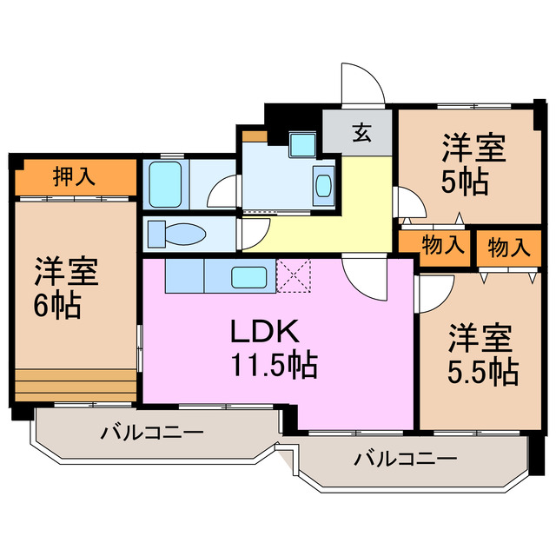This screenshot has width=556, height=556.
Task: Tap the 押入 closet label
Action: (x=74, y=177)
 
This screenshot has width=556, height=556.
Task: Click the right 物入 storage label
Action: (x=508, y=247)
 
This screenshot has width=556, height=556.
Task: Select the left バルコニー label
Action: (x=151, y=432)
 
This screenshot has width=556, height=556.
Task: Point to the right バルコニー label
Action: (x=405, y=459)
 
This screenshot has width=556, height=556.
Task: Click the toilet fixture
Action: (x=178, y=235)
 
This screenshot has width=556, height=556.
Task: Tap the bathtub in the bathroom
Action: (x=164, y=182)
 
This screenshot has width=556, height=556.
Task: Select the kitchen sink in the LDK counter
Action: (x=252, y=278)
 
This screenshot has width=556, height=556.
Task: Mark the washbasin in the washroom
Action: (x=322, y=186)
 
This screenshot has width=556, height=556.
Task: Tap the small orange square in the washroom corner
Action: (x=255, y=136)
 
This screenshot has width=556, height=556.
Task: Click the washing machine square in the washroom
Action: (x=304, y=144)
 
